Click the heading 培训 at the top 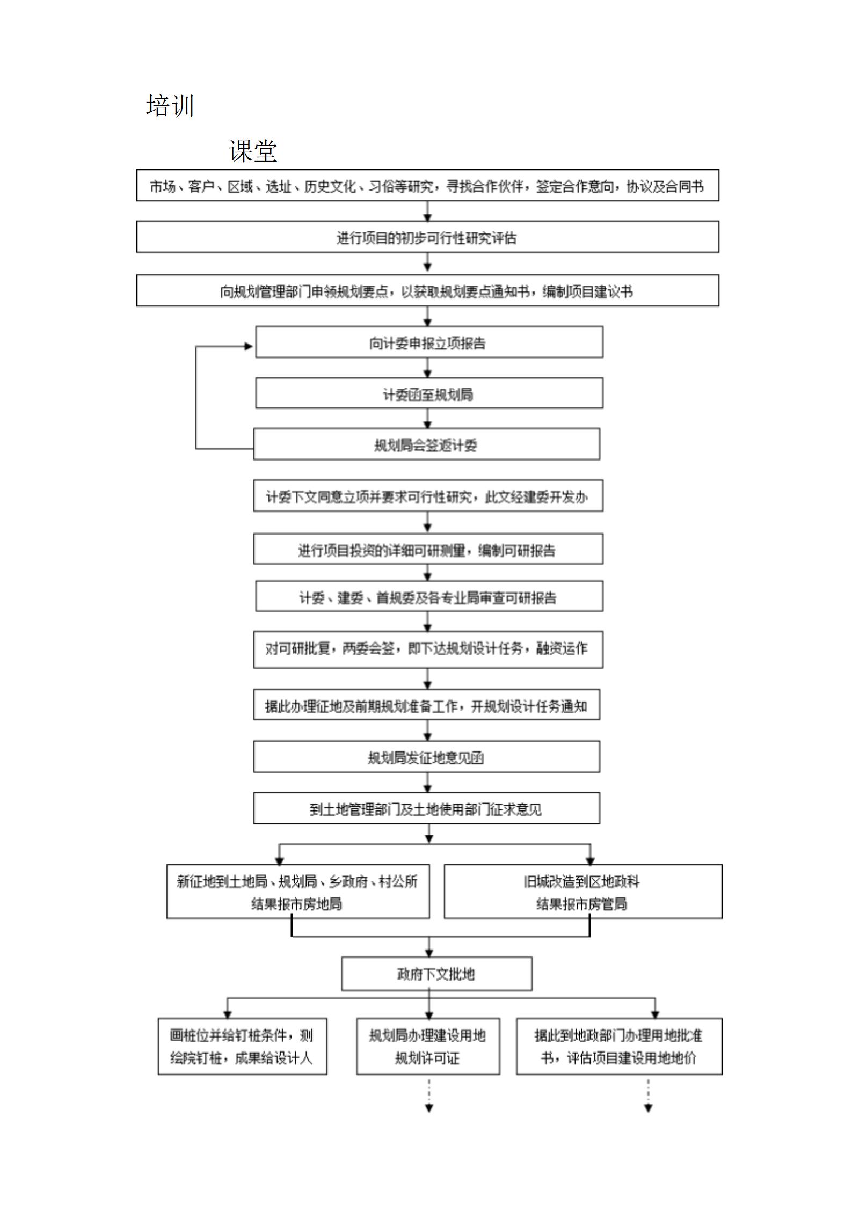(170, 106)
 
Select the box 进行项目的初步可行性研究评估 (427, 237)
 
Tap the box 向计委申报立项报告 (429, 342)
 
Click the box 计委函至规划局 (429, 393)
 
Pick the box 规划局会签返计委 (426, 444)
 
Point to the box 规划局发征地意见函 (426, 757)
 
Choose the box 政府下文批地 (436, 974)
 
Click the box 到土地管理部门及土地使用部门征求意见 (426, 808)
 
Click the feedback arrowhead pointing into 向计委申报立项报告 (249, 347)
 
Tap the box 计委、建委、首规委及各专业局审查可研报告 (429, 596)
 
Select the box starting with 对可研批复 (428, 649)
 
